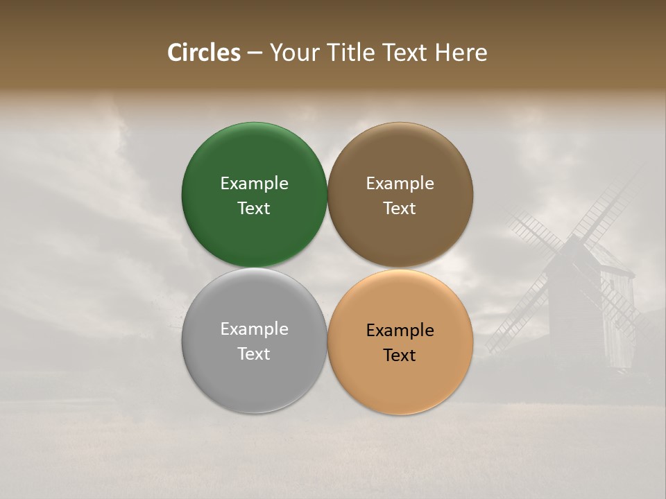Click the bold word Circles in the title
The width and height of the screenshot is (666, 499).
[204, 53]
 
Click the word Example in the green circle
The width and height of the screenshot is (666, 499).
[254, 184]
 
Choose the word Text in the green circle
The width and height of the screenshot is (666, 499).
[254, 209]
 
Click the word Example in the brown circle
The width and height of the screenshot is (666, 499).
[400, 184]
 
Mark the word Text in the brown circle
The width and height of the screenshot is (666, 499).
[400, 209]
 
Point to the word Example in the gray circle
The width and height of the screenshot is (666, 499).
[254, 329]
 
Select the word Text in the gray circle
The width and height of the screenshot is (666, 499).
[254, 354]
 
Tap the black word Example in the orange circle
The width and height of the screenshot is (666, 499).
[400, 331]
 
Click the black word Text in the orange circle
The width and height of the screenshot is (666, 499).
[400, 356]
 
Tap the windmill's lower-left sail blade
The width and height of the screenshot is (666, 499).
[517, 319]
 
